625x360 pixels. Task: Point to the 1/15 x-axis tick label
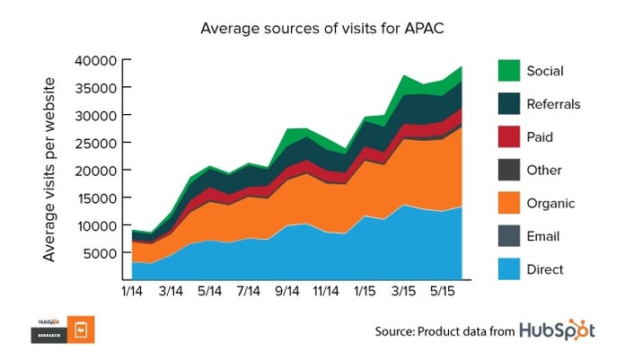(365, 292)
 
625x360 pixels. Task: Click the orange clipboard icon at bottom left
(82, 329)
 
